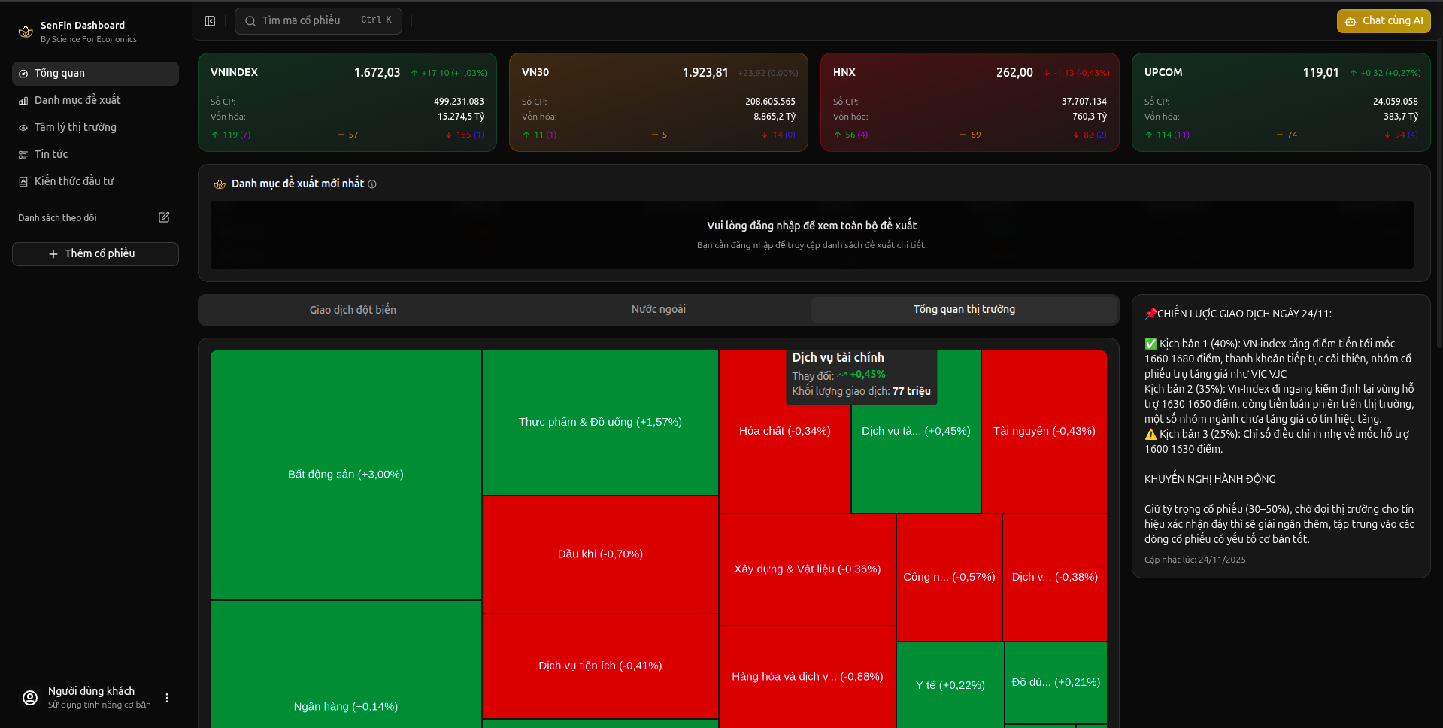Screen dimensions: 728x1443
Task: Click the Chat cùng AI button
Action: point(1384,21)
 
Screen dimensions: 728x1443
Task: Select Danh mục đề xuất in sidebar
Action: point(77,100)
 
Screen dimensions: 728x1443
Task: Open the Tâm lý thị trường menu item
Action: point(75,127)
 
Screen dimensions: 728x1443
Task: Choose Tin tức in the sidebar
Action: point(51,154)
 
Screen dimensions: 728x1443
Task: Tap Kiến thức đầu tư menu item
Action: point(74,181)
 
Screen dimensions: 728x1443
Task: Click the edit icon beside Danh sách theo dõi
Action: point(164,217)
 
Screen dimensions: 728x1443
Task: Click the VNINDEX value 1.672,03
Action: point(377,73)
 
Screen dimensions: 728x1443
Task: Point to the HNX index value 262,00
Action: point(1014,73)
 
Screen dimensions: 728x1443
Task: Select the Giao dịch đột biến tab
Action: point(353,310)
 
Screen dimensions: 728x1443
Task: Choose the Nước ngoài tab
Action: point(658,310)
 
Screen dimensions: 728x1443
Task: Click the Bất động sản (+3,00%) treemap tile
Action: point(345,474)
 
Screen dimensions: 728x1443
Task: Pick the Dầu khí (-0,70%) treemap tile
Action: point(599,554)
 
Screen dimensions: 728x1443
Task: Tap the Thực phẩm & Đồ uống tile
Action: point(599,422)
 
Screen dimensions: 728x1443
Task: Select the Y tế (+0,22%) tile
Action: point(950,685)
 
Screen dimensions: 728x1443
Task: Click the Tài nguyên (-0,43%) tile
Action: point(1044,431)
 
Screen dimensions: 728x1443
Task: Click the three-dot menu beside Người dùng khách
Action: point(167,698)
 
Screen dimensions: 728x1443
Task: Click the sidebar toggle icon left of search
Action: point(210,21)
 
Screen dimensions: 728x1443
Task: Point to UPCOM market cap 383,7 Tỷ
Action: point(1400,117)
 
